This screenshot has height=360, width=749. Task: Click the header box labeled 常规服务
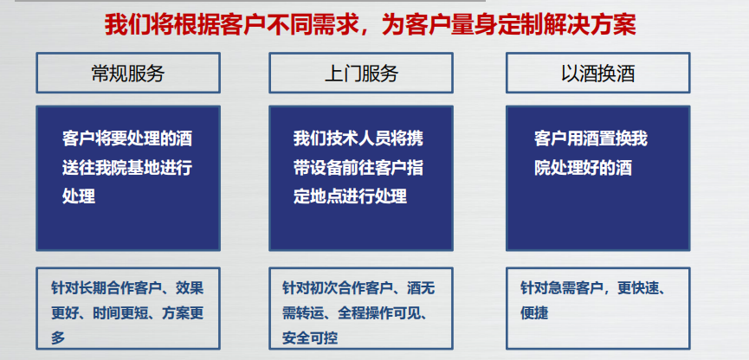tap(127, 74)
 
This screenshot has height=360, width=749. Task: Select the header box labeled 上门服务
tap(360, 74)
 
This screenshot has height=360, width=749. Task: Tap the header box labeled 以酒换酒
tap(597, 74)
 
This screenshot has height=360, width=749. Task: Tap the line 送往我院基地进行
tap(127, 168)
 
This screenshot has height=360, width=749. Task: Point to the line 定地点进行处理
tap(350, 196)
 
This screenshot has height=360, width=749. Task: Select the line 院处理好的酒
tap(583, 168)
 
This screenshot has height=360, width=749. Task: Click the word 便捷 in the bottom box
tap(534, 313)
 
